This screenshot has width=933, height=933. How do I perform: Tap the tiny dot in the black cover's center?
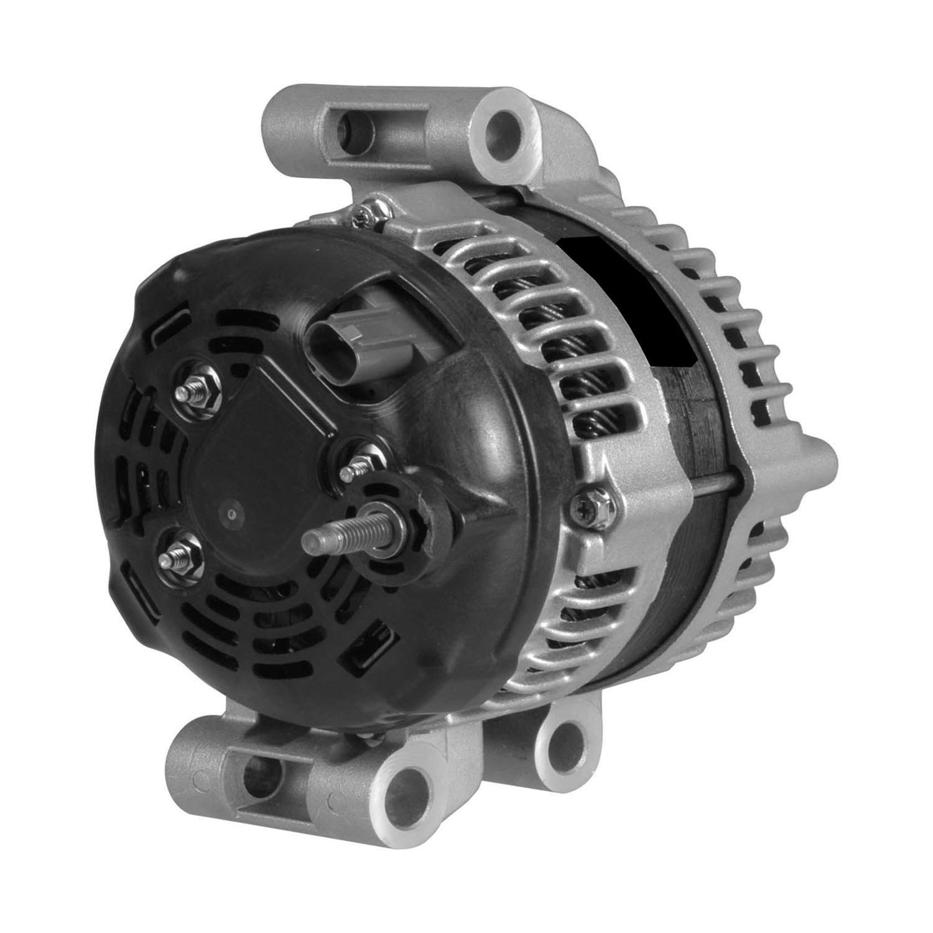pos(232,514)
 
